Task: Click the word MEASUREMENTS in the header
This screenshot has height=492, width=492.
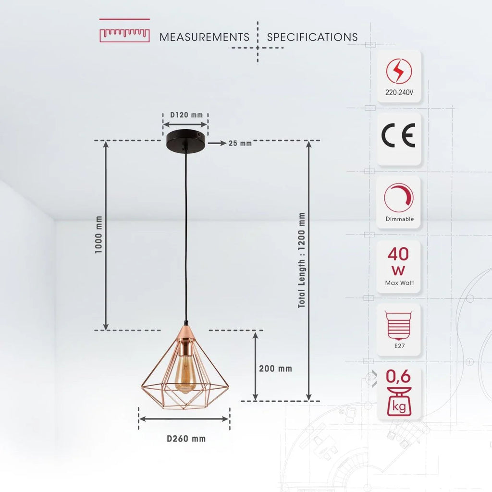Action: tap(204, 37)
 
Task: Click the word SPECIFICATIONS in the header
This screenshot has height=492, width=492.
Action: tap(312, 37)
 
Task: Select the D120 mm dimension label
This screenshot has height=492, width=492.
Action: tap(186, 115)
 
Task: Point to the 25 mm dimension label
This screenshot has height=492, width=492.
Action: tap(240, 143)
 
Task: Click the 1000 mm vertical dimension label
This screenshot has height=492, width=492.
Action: tap(99, 235)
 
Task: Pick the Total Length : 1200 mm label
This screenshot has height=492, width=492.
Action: tap(301, 260)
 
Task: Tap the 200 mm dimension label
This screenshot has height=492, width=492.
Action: tap(275, 369)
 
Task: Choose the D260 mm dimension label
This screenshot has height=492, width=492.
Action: tap(186, 439)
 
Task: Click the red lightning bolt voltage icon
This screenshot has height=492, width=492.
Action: tap(399, 71)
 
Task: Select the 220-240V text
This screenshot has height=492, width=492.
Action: tap(399, 93)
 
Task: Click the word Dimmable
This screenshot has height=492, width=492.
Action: tap(399, 219)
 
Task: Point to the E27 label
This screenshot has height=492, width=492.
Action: tap(398, 345)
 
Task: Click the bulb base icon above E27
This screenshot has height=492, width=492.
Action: tap(398, 323)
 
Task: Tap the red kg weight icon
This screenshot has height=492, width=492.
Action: tap(398, 404)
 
